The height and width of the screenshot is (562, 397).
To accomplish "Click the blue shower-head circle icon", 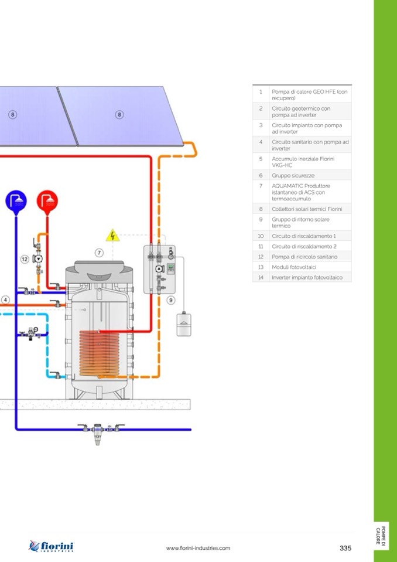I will click(16, 201).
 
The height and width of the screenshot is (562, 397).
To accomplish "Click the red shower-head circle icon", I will click(47, 201).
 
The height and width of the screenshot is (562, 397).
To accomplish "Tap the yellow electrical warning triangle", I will click(112, 236).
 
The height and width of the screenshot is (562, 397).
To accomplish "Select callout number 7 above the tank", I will click(100, 253).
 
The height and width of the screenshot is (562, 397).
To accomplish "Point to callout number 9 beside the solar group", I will click(171, 299).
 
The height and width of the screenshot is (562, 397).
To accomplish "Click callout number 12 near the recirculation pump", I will click(25, 258).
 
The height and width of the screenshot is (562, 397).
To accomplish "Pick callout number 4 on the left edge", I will click(5, 299).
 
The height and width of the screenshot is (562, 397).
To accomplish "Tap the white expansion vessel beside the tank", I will click(185, 324).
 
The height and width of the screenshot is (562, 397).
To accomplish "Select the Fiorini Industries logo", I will click(52, 547).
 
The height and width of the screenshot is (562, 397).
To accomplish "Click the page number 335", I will click(345, 548).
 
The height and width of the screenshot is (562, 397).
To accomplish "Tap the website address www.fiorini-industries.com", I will click(198, 548).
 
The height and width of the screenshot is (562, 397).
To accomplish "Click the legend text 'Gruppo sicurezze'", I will click(293, 175).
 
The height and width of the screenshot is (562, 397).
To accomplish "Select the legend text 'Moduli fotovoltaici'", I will click(294, 267).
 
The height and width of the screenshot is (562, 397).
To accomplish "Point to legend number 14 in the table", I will click(261, 277).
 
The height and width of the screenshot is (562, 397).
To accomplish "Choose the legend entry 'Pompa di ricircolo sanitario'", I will click(304, 257).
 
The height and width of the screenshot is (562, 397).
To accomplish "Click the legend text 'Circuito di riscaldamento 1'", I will click(303, 236).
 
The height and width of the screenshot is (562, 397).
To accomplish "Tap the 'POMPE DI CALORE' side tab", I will click(381, 536).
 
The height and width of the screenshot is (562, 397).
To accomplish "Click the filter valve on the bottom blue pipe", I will click(98, 432).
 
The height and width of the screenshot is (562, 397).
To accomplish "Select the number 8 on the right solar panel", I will click(119, 114).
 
